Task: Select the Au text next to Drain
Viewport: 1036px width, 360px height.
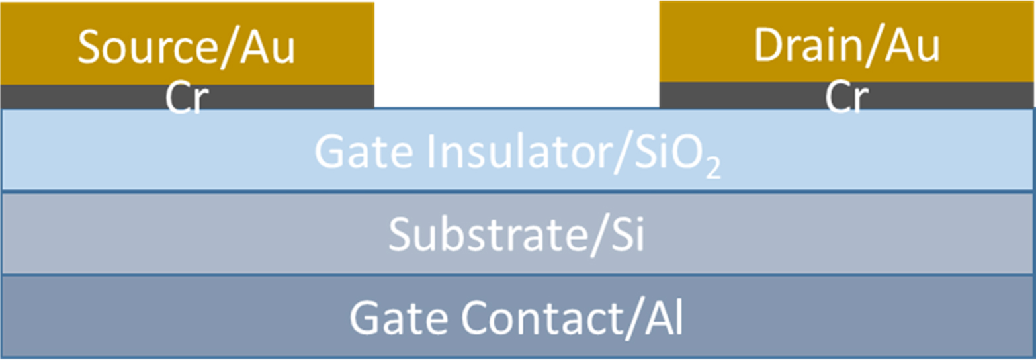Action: pos(912,45)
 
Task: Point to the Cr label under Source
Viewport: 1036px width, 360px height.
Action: pos(187,98)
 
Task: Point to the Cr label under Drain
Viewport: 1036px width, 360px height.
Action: pos(847,97)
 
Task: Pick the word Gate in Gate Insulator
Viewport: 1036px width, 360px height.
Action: pos(363,152)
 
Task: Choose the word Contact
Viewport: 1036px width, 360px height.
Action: pos(542,317)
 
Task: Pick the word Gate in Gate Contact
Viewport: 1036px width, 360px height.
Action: pos(399,317)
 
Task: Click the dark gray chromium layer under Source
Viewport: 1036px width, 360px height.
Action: pos(187,96)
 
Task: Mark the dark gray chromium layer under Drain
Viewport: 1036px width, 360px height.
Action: pos(847,95)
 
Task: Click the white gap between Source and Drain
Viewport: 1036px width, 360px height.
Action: pos(517,54)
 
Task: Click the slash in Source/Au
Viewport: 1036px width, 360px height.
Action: pos(229,48)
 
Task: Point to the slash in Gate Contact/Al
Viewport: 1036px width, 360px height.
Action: pos(634,319)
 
